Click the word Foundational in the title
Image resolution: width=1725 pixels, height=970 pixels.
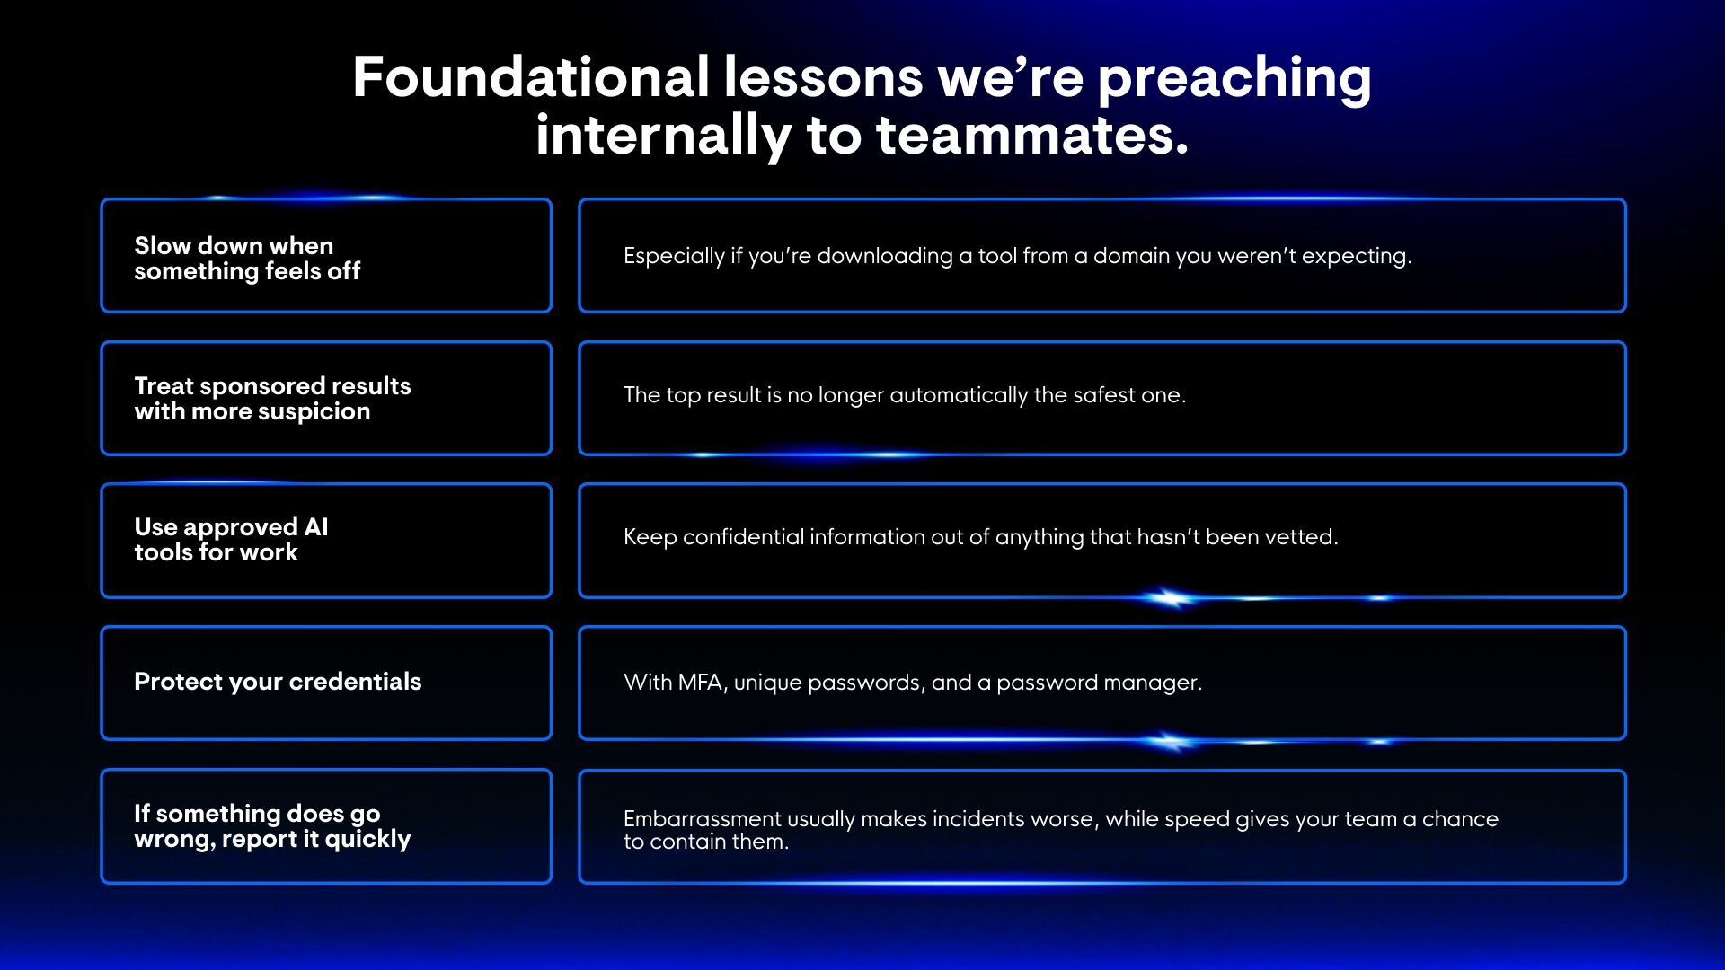(x=531, y=76)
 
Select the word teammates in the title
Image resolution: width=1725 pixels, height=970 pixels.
(x=1032, y=136)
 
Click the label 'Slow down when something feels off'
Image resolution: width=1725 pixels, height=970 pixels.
(x=247, y=258)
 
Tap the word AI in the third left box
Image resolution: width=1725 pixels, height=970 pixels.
(x=316, y=526)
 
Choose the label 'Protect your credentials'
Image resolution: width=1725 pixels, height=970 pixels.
(x=278, y=682)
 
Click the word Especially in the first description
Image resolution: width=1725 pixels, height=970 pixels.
(x=674, y=257)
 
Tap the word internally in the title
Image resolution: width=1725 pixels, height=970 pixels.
(x=663, y=137)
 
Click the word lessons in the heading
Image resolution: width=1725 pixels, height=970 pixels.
(x=824, y=77)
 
